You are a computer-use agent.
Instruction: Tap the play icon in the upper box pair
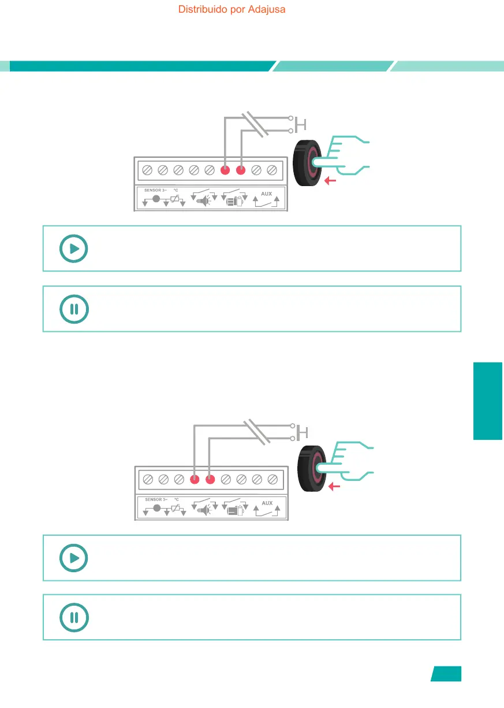tap(74, 249)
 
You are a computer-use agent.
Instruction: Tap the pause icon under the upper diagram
tap(74, 309)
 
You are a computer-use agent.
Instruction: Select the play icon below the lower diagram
tap(74, 558)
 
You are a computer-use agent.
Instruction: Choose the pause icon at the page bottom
tap(74, 617)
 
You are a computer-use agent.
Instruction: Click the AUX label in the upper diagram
tap(266, 194)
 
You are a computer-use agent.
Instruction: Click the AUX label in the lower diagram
tap(267, 503)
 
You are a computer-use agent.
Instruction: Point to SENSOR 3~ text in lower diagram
tap(156, 499)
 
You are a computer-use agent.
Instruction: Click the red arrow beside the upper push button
tap(330, 181)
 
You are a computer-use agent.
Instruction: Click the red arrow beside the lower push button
tap(333, 487)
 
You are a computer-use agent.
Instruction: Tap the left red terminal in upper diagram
tap(226, 170)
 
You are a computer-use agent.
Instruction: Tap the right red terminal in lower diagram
tap(211, 479)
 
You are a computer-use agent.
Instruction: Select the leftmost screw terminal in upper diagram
tap(147, 170)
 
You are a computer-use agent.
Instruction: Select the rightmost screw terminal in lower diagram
tap(273, 479)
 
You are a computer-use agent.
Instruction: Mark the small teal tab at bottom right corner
tap(446, 674)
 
